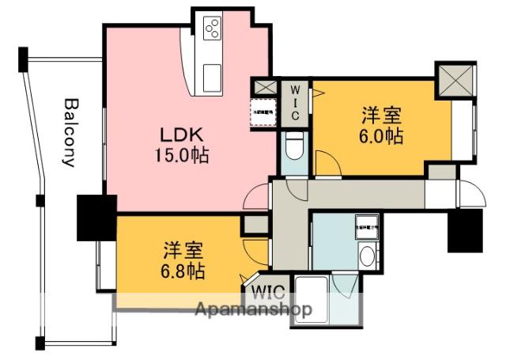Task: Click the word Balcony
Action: (70, 132)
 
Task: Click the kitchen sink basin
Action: (214, 78)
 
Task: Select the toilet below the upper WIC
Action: (293, 147)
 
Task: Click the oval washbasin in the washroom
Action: (366, 256)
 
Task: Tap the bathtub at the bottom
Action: (311, 299)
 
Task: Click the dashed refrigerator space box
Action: (262, 112)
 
